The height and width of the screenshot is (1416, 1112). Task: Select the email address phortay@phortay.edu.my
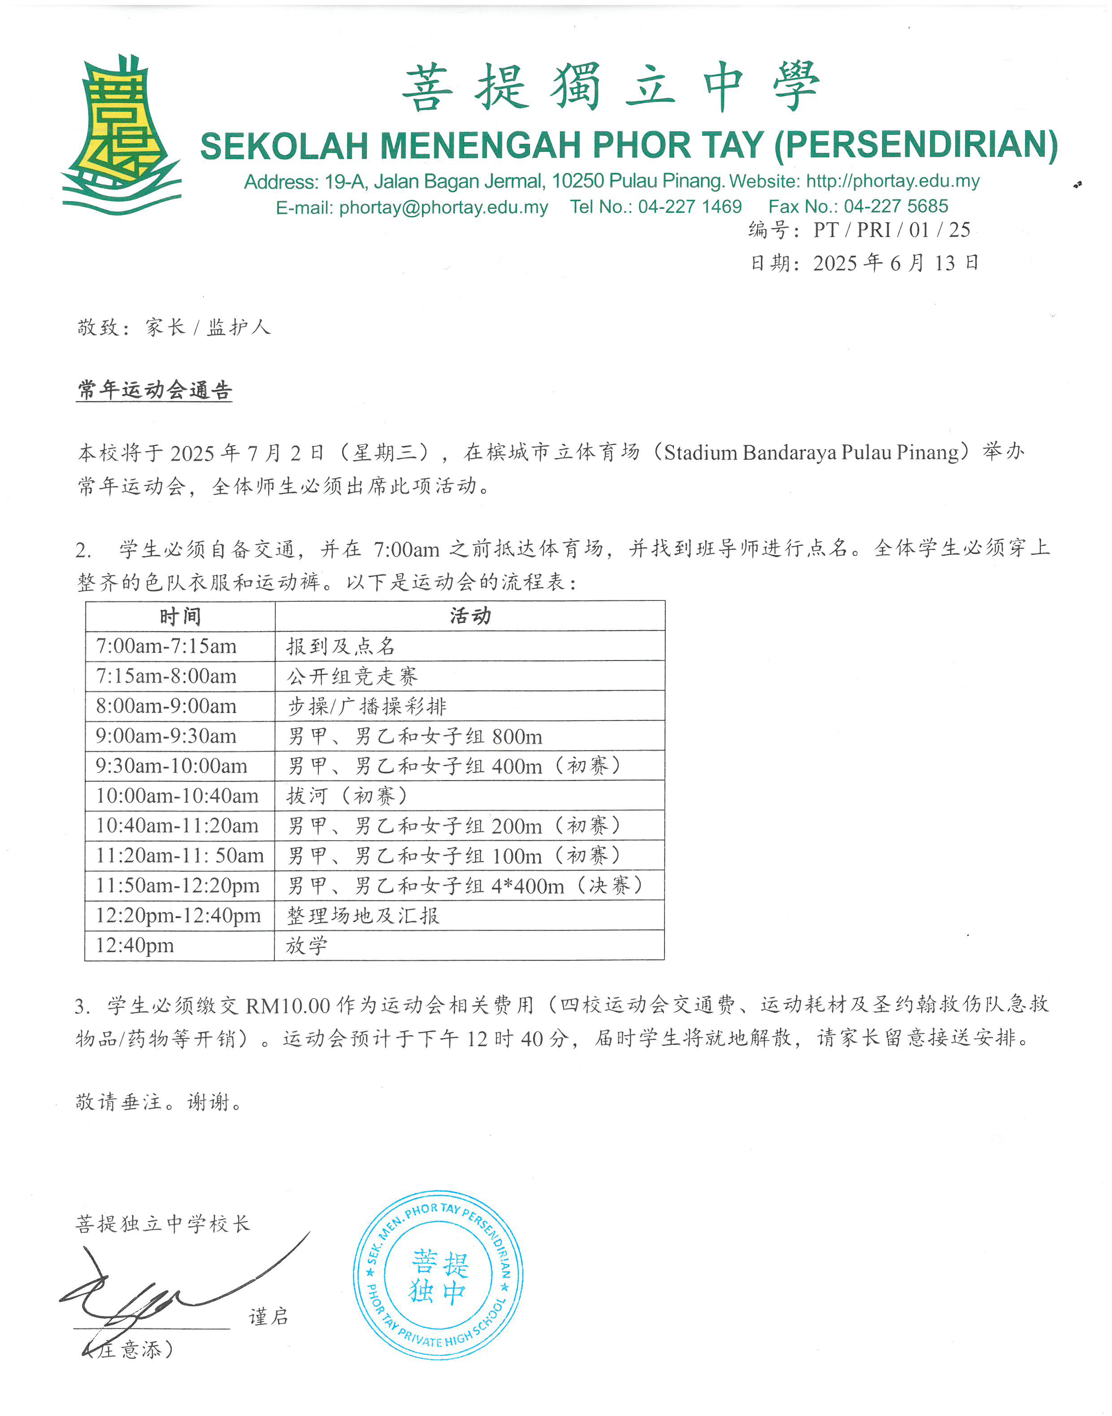pos(443,207)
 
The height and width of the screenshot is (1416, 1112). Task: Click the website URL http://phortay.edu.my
pos(893,181)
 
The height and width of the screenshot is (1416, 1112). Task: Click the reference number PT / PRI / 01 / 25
pos(891,230)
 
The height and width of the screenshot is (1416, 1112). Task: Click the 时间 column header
pos(180,616)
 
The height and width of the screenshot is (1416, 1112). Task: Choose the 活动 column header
pos(470,616)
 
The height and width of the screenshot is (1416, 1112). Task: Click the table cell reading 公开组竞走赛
pos(352,676)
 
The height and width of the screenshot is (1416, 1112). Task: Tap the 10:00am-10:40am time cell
pos(177,796)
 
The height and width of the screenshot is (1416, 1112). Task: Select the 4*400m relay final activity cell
pos(465,885)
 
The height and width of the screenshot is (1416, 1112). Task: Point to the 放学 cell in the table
pos(307,945)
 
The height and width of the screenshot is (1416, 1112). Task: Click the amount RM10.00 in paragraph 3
pos(288,1006)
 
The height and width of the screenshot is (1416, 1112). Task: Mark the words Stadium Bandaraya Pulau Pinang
pos(811,452)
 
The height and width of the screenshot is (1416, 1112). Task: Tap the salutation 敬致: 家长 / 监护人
pos(173,327)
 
